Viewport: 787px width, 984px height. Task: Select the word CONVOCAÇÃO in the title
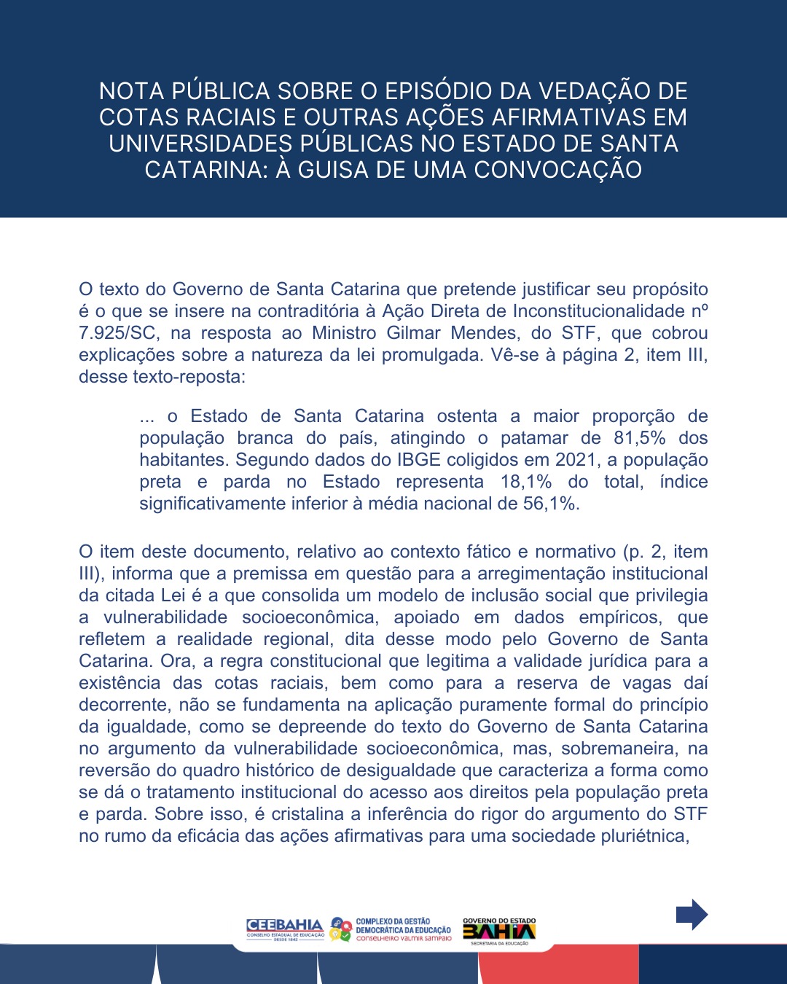pos(558,170)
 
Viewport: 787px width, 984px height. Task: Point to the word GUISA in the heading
pos(342,170)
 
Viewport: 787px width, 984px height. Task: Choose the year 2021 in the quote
pos(576,460)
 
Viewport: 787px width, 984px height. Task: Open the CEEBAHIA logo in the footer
pos(285,929)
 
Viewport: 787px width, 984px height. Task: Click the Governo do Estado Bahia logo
pos(499,931)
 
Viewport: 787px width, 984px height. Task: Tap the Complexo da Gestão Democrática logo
pos(391,929)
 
